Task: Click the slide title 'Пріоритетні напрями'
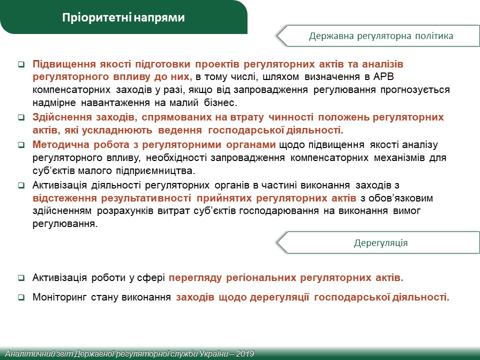(x=123, y=17)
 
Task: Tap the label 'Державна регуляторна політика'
(x=381, y=36)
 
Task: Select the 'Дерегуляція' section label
(x=381, y=243)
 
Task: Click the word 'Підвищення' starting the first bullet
(x=64, y=64)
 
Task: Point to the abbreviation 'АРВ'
(x=383, y=76)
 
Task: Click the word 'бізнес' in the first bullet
(x=220, y=102)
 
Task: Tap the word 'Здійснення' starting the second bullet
(x=62, y=117)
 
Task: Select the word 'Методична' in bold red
(x=60, y=144)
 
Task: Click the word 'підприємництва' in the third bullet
(x=155, y=171)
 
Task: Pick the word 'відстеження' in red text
(x=64, y=198)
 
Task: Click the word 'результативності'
(x=146, y=198)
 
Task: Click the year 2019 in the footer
(x=245, y=353)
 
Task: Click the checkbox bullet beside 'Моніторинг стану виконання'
(x=21, y=297)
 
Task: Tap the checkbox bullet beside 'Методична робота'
(x=21, y=145)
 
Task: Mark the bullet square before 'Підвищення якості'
(x=21, y=64)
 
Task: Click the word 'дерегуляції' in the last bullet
(x=279, y=297)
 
